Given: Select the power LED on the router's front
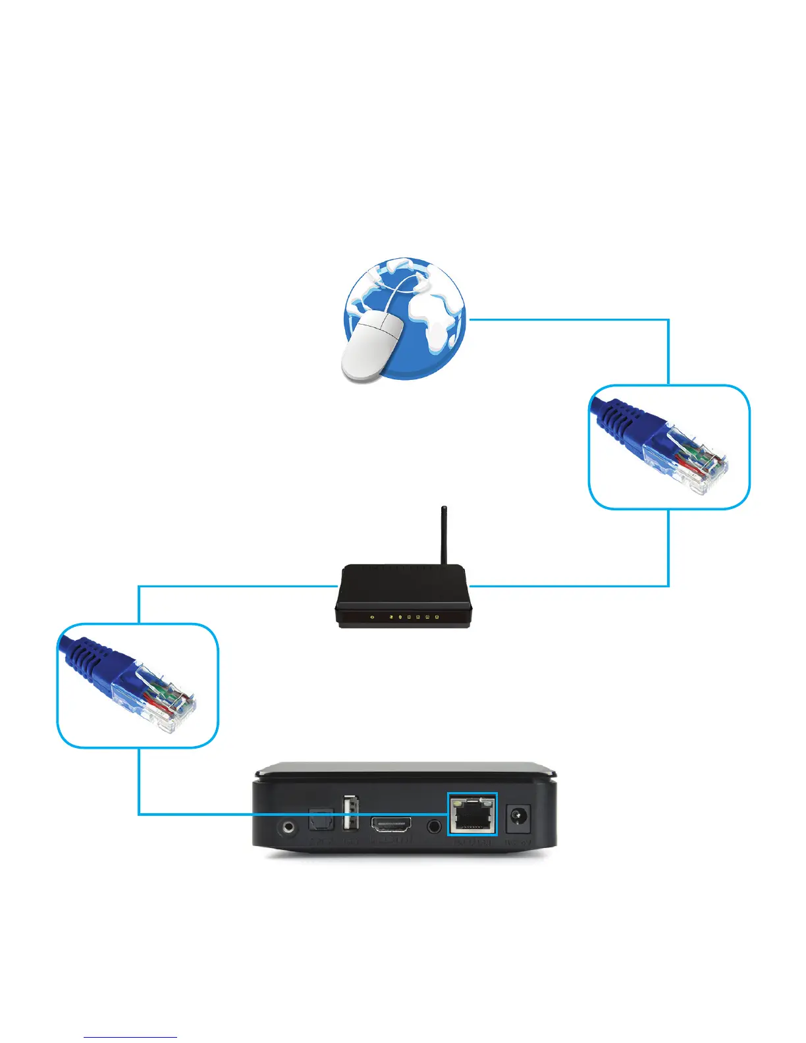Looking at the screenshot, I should coord(372,617).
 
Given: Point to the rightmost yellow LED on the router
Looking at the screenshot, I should coord(437,617).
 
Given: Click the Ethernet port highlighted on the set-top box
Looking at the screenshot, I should coord(471,815).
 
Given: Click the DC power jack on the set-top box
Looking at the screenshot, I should coord(518,820).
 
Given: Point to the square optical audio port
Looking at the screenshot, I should coord(321,822).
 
